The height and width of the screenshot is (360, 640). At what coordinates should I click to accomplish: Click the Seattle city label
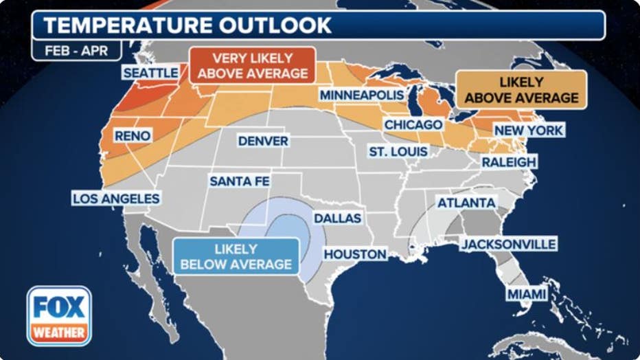coord(150,73)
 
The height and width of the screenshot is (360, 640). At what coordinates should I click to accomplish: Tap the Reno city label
coord(133,135)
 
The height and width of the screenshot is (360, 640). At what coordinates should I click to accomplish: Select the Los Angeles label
coord(116,199)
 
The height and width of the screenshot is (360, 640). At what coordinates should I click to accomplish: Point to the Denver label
coord(263,141)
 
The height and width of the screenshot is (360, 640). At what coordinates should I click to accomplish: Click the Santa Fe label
coord(240,181)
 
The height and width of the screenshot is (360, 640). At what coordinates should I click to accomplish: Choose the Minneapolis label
coord(362,94)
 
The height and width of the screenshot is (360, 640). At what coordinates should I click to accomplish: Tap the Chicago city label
coord(413,125)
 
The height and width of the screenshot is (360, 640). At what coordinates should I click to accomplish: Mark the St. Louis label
coord(398,151)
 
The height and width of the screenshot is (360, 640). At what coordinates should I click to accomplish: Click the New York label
coord(529,130)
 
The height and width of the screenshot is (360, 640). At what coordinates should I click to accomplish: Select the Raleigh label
coord(508,161)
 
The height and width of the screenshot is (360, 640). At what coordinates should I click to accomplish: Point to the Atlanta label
coord(466,203)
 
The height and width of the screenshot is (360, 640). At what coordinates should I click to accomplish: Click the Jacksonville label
coord(508,244)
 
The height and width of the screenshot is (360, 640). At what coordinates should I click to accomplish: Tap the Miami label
coord(527,294)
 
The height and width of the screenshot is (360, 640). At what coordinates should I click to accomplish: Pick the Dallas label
coord(337,218)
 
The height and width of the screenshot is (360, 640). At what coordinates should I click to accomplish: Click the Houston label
coord(355,254)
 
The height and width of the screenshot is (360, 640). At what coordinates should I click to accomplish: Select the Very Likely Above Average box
coord(252,66)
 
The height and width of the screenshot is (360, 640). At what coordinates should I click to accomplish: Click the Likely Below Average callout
coord(236,256)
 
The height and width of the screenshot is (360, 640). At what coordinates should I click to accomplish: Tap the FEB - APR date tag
coord(76,51)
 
